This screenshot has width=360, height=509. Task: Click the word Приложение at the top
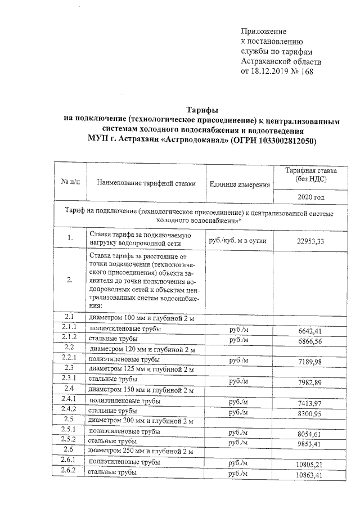[264, 31]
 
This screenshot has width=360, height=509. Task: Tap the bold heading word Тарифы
[202, 110]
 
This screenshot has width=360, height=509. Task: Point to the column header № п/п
[70, 183]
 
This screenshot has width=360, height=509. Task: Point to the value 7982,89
[310, 383]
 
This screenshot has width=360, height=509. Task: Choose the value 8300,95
[310, 414]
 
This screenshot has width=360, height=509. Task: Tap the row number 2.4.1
[69, 399]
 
